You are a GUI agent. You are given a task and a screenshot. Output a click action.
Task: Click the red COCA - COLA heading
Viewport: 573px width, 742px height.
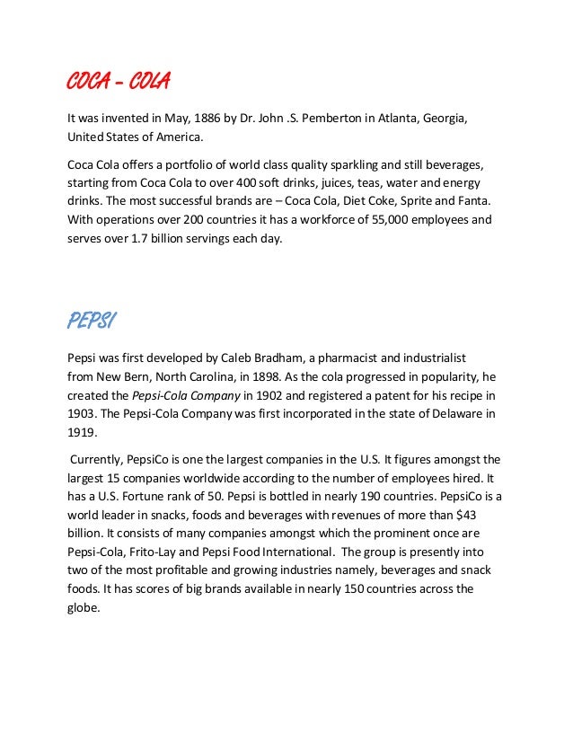[119, 83]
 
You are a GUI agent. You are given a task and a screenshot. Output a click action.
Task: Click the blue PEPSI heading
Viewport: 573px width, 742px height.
[93, 320]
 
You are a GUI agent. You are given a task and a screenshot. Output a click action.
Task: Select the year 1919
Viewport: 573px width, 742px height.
[82, 431]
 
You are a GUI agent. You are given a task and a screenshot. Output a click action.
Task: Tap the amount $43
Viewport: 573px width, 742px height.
[488, 515]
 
